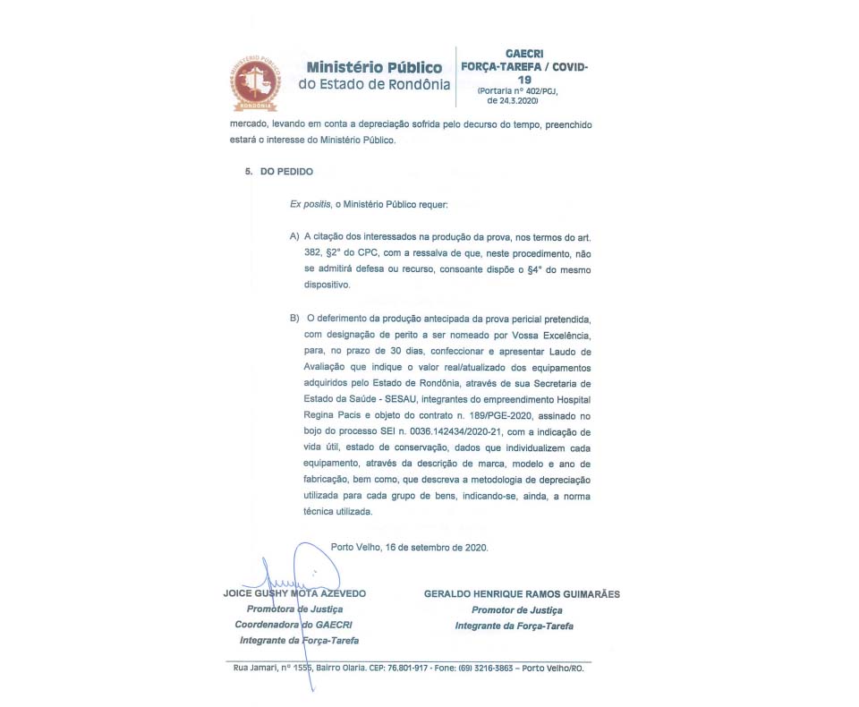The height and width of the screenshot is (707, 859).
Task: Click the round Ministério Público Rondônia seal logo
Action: [x=253, y=82]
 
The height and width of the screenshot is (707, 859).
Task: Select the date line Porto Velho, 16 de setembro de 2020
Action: [x=409, y=547]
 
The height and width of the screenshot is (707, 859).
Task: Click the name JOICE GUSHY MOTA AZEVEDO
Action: [x=294, y=593]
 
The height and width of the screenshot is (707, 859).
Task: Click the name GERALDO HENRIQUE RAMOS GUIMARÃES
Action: [x=522, y=593]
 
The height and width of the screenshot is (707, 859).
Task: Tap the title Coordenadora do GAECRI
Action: [x=299, y=625]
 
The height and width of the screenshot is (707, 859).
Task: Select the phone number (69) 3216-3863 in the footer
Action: [x=484, y=669]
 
